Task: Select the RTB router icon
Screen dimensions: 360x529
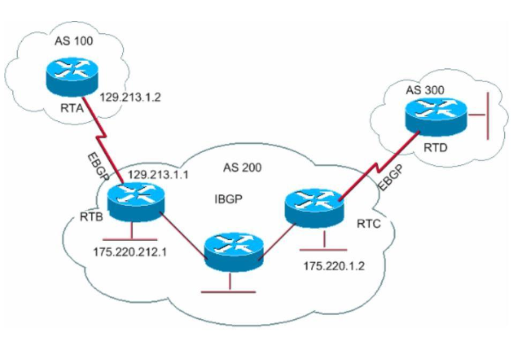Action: coord(135,202)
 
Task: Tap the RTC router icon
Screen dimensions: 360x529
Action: coord(312,207)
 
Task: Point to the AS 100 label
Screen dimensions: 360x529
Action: coord(70,42)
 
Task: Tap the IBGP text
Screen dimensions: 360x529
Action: coord(228,199)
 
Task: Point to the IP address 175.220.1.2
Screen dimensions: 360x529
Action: coord(333,266)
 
